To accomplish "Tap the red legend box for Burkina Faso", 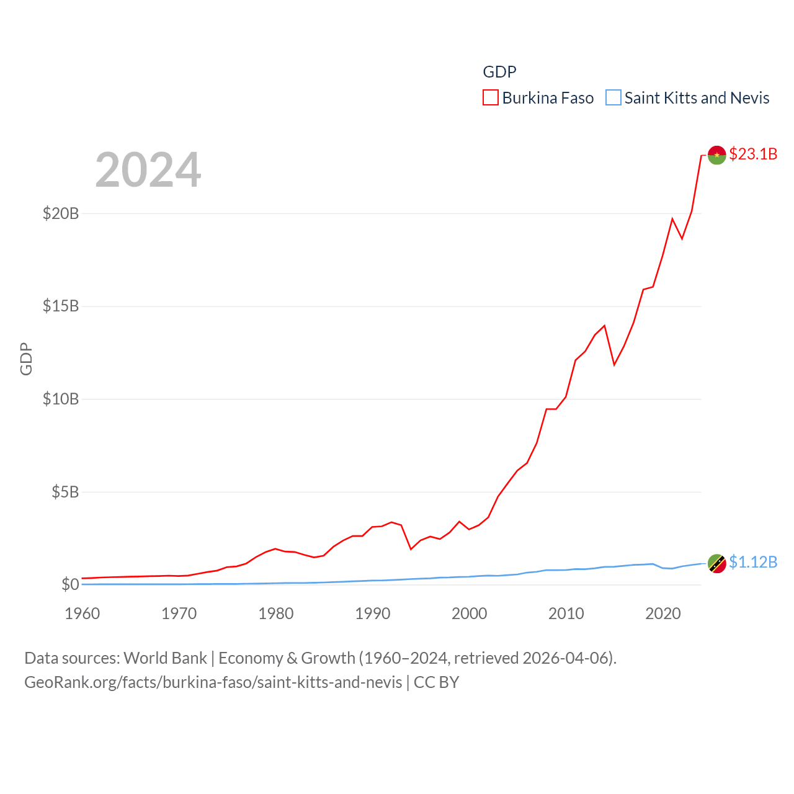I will point(491,98).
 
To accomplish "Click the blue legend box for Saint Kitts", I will point(613,98).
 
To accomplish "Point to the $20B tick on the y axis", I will point(61,213).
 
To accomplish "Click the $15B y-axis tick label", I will point(61,306).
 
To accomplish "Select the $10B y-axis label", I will point(61,399).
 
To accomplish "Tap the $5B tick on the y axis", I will point(65,492).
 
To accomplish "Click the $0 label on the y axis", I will point(70,584).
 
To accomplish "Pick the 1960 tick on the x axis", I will point(83,613).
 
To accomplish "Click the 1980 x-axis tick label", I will point(276,613).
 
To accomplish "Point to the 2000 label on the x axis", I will point(470,613).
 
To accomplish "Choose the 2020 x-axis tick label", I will point(663,613).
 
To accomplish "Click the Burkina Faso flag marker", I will point(717,155).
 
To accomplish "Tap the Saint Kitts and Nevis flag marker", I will point(717,563).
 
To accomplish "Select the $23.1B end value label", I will point(753,154).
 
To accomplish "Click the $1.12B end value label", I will point(753,562).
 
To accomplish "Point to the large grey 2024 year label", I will point(148,170).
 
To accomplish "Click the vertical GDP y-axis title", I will point(26,359).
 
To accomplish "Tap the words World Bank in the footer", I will point(166,658).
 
